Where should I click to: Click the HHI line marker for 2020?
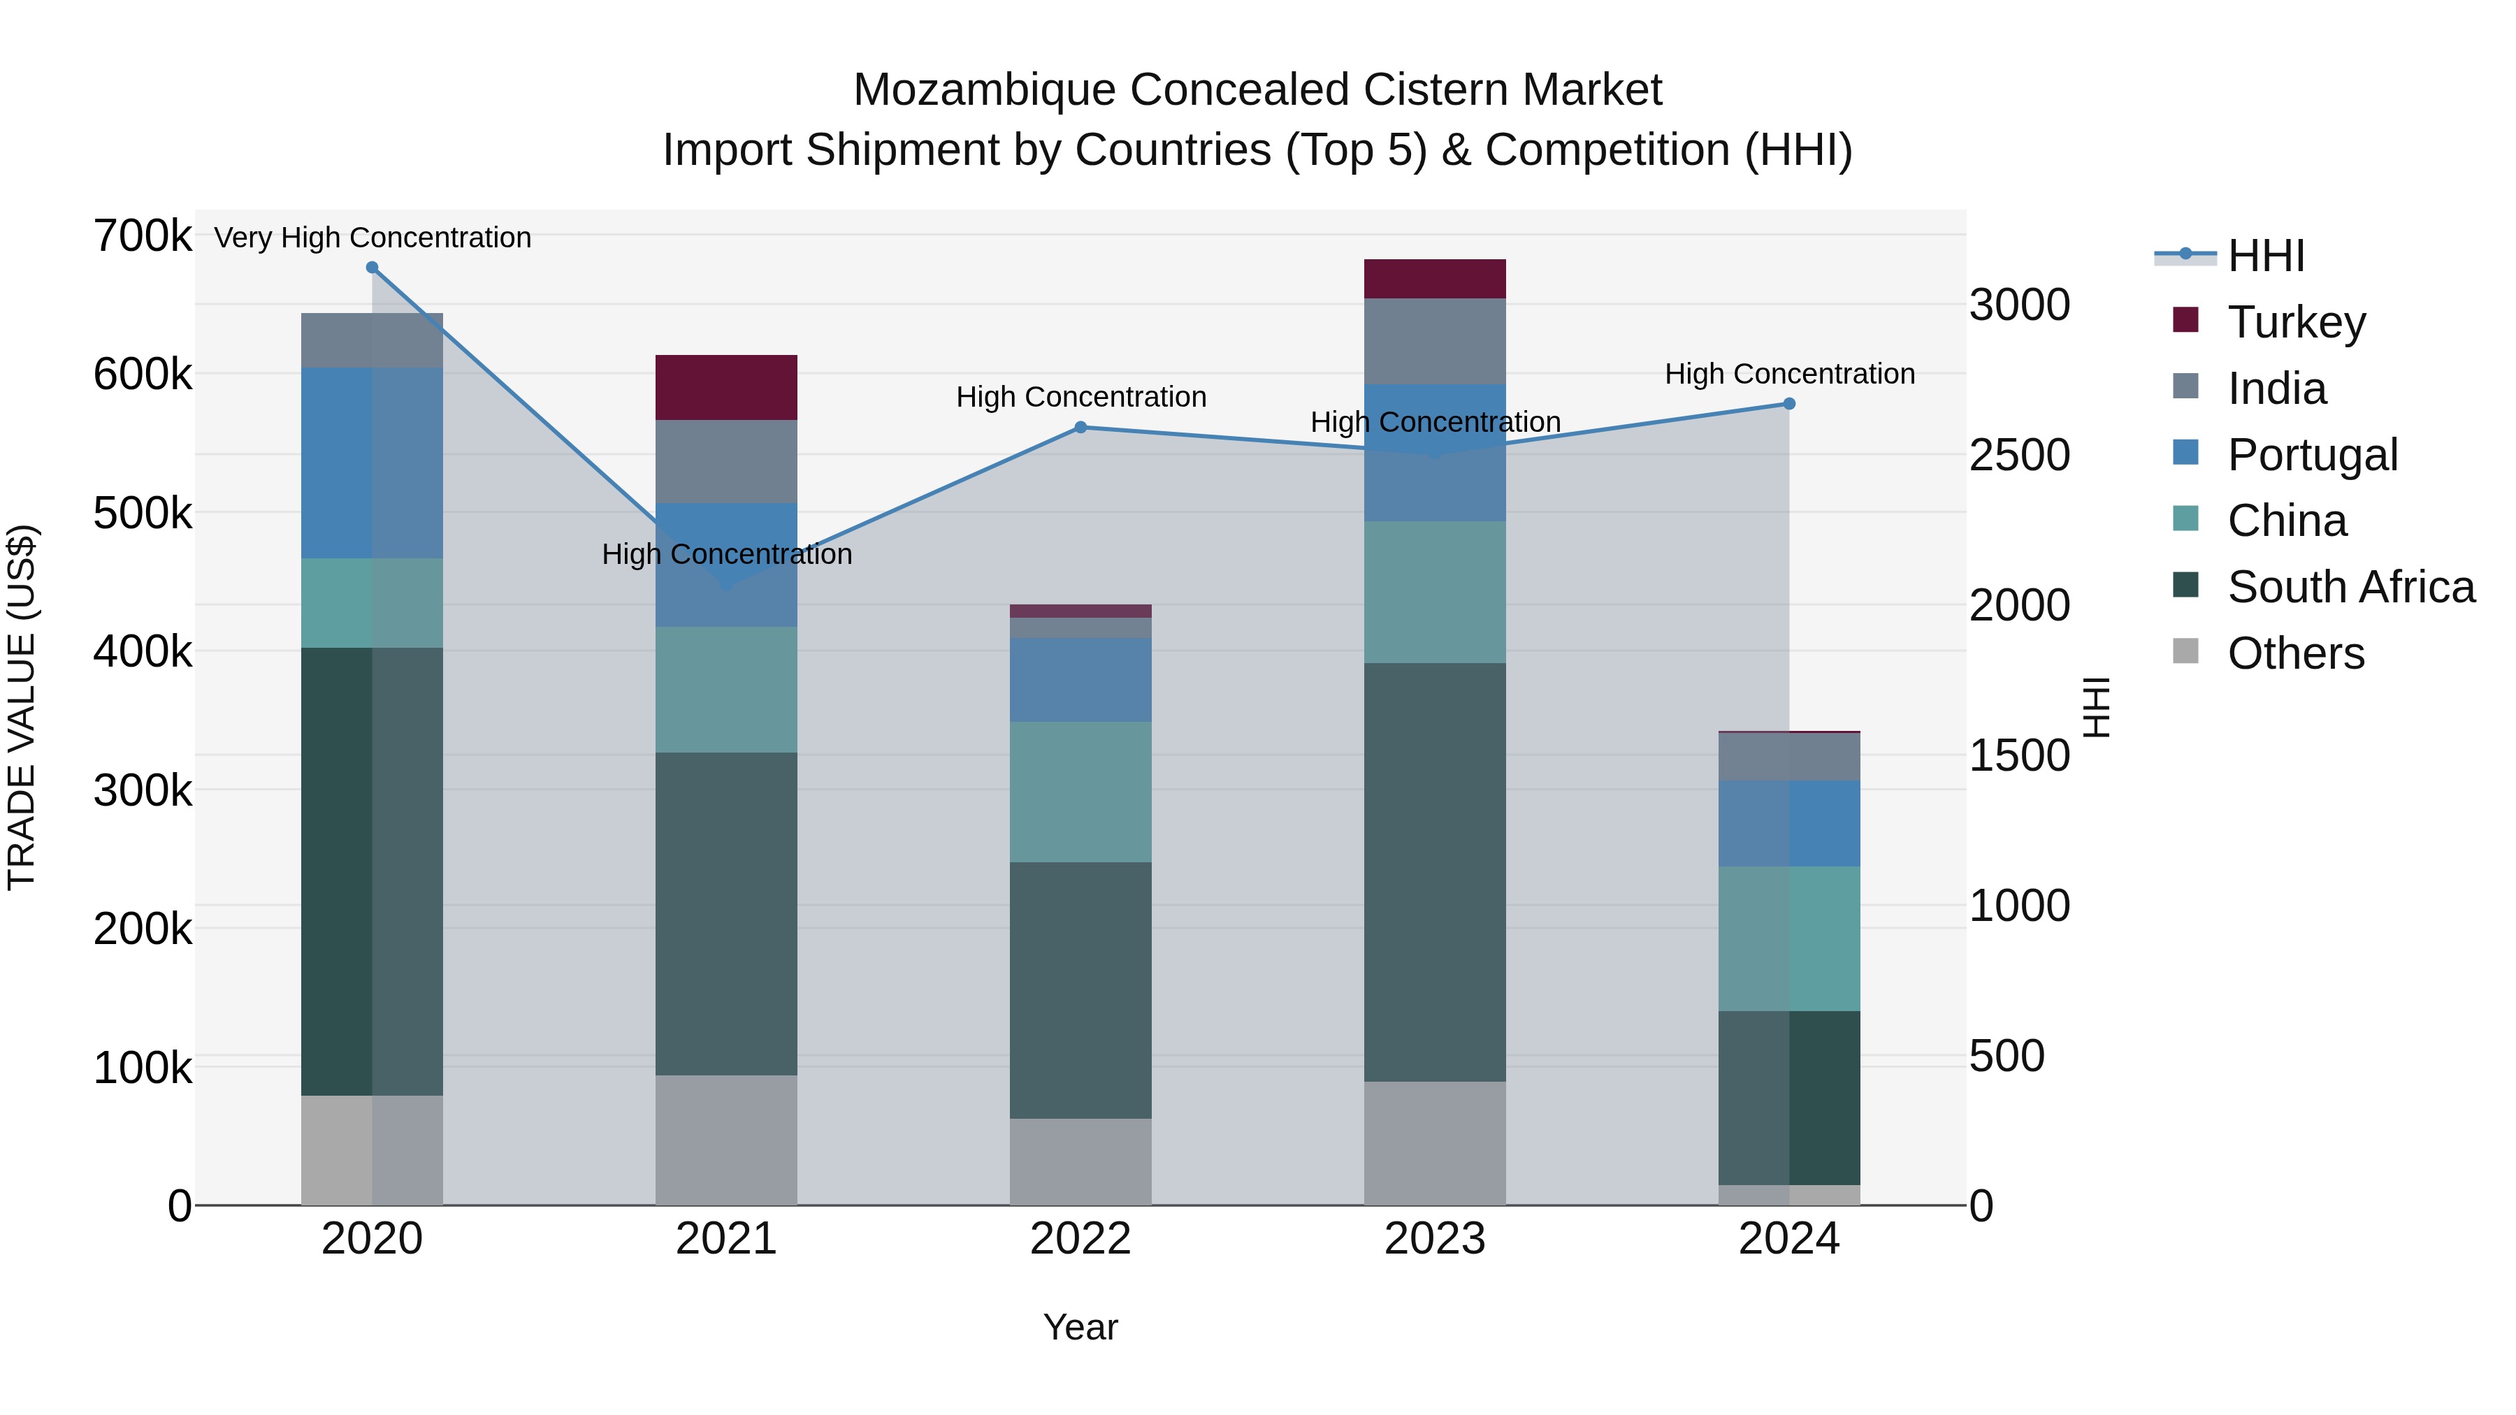372,268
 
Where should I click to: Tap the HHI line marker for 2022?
1080,427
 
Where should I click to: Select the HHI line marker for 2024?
1788,403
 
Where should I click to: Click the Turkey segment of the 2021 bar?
725,388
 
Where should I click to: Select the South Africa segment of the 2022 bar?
1080,989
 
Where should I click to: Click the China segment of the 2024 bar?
1788,938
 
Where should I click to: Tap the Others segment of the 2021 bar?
725,1140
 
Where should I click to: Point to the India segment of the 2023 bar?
1434,341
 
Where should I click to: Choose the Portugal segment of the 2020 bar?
372,462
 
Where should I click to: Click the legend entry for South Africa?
2350,587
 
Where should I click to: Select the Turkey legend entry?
2297,321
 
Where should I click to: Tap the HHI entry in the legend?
2265,256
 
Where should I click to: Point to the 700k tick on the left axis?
143,236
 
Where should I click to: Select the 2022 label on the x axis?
1080,1238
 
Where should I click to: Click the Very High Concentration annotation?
372,238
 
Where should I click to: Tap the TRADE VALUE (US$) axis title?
22,707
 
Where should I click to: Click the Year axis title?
1080,1327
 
